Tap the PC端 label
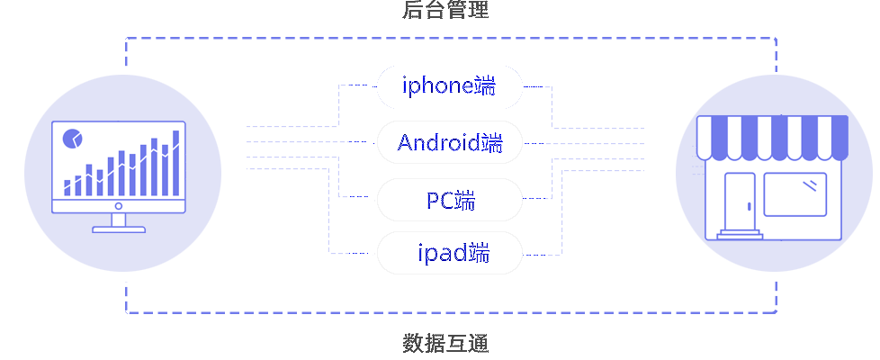(450, 200)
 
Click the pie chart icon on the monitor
(72, 139)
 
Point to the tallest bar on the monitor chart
(175, 162)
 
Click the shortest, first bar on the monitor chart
(67, 187)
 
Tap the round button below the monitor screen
(119, 205)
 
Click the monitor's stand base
(119, 229)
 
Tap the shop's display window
(795, 193)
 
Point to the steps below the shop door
(740, 234)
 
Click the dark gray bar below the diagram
(445, 343)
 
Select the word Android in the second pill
(438, 143)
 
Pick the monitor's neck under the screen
(119, 219)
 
